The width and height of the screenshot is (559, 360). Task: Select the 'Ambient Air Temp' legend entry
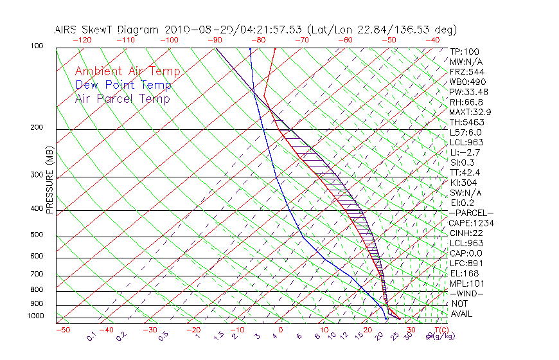[128, 71]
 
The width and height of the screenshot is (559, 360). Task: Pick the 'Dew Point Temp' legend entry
[123, 85]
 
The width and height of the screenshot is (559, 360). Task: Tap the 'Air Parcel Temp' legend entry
[123, 98]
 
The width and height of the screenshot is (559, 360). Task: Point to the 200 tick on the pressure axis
[36, 127]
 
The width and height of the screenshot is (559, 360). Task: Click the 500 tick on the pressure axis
[36, 235]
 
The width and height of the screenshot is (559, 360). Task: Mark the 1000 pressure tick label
[34, 316]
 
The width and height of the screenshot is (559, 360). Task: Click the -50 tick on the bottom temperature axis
[62, 330]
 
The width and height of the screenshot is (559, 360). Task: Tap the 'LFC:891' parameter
[466, 264]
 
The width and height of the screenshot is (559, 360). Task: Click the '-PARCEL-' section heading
[471, 213]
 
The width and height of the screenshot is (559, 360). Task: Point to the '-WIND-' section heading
[466, 294]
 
